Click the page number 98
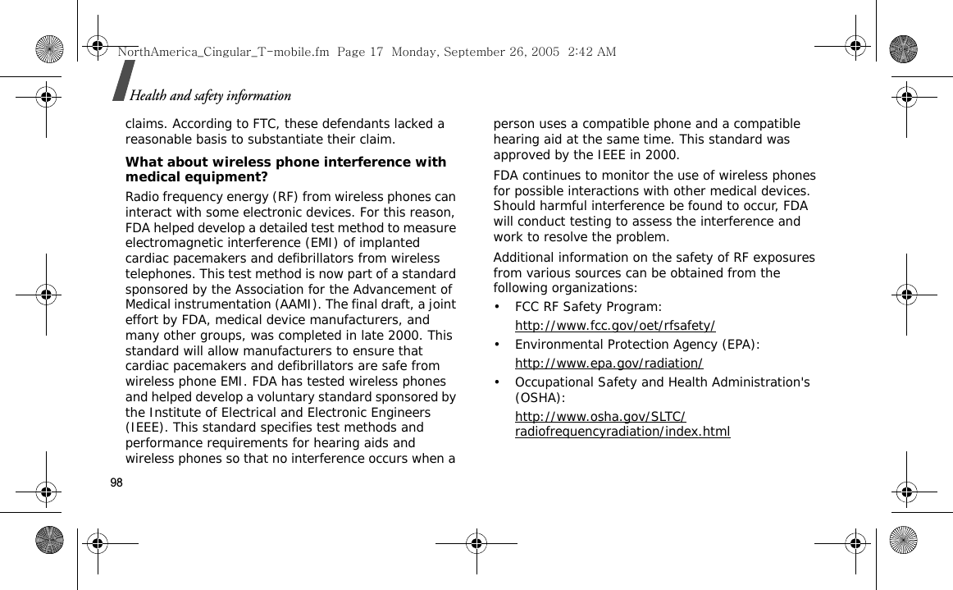click(x=116, y=483)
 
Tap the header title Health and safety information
click(x=210, y=96)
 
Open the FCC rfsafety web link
click(x=615, y=326)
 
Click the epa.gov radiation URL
click(x=609, y=364)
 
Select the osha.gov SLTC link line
click(x=600, y=417)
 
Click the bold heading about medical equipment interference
click(x=285, y=169)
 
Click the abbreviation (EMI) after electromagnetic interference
click(x=319, y=243)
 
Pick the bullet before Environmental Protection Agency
click(x=498, y=345)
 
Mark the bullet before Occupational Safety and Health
click(x=498, y=382)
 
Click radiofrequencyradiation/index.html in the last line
click(x=622, y=432)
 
